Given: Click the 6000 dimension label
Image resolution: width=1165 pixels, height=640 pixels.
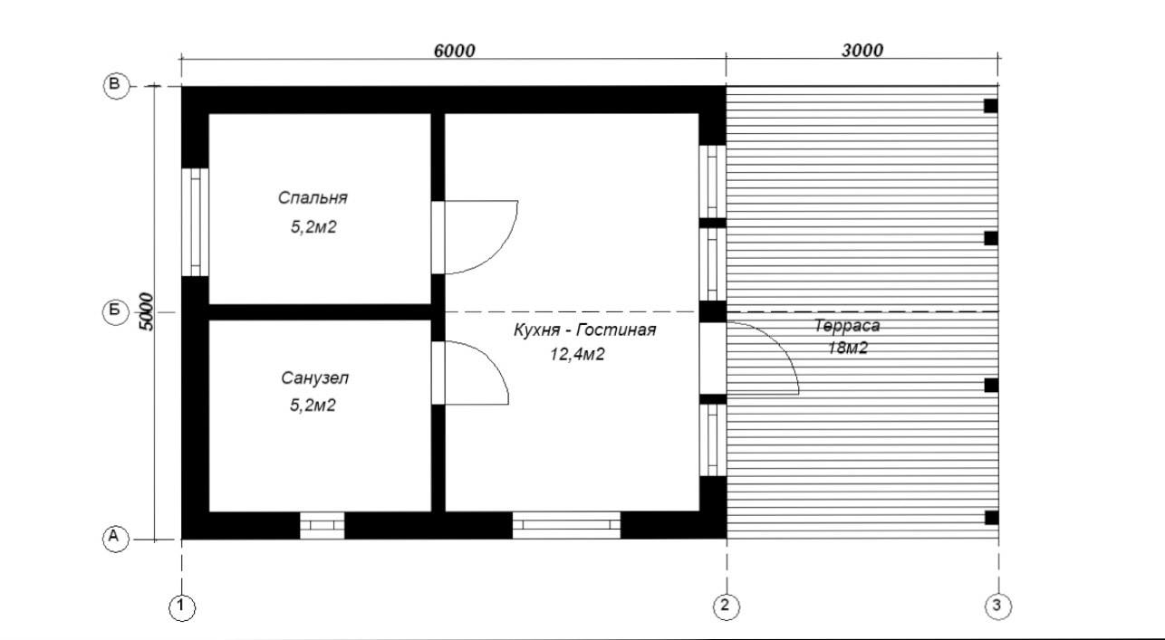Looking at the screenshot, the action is (454, 51).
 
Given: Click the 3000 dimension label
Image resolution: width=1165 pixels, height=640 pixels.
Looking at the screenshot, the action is (862, 51).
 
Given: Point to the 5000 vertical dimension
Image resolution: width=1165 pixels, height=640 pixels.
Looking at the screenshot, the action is (147, 312).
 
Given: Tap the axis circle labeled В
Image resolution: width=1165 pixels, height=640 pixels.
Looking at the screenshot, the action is (116, 85).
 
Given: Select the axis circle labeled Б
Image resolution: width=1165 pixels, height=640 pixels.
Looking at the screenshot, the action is (115, 310).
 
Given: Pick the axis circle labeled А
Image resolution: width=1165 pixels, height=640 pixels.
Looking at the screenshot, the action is (115, 538).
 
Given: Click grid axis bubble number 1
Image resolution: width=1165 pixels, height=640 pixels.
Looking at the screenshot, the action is (182, 607).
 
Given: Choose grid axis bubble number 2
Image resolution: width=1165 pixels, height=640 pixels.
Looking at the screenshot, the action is (726, 607).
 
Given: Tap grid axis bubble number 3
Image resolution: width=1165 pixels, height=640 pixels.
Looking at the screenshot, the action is (997, 607).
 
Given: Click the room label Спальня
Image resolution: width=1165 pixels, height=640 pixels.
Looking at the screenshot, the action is (313, 198).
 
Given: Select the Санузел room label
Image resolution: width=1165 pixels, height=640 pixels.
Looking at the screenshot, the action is (314, 378).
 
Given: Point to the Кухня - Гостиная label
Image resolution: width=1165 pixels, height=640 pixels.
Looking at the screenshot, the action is (584, 330).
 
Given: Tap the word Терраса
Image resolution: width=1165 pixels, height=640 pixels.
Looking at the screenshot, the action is (847, 326).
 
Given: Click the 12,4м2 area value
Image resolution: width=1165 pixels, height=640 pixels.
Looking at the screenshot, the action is (577, 355).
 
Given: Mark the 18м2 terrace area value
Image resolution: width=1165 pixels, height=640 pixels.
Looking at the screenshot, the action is (847, 348).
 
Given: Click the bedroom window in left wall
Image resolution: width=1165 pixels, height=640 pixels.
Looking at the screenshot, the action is (195, 222).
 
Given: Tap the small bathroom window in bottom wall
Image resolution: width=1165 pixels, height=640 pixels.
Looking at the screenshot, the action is (322, 525).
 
